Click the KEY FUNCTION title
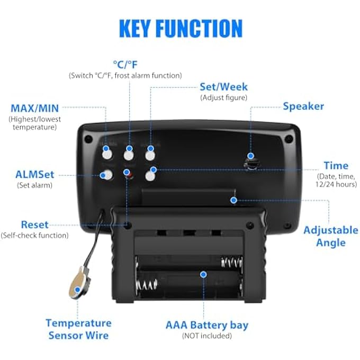pos(181,29)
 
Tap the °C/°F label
pos(125,65)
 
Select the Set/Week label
pos(223,87)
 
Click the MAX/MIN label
pos(35,108)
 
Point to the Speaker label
pos(303,106)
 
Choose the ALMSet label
pos(34,175)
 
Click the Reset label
pos(34,224)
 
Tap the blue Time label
pos(336,166)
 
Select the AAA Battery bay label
pos(207,325)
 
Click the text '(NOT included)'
pos(207,336)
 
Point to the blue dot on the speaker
pos(251,156)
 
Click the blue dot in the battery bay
pos(203,274)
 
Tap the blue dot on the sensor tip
pos(78,290)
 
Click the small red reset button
pos(130,176)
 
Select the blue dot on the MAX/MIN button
pos(105,149)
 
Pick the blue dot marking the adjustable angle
pos(233,200)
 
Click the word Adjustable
pos(331,230)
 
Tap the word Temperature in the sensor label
pos(78,323)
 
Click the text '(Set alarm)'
pos(34,185)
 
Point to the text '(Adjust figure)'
pos(223,97)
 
